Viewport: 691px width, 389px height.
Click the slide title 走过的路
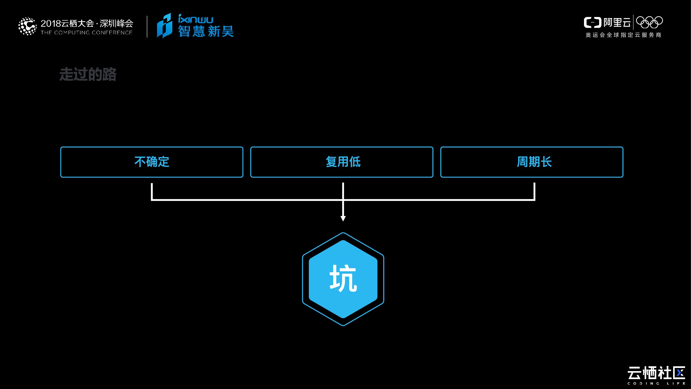pos(88,74)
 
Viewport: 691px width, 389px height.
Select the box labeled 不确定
pos(152,162)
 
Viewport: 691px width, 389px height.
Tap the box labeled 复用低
pos(342,162)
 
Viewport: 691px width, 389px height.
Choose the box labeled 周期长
pos(532,162)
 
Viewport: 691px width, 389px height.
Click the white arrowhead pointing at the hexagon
pos(343,218)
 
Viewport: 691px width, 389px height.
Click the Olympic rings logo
pos(650,22)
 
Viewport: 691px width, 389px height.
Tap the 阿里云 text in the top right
pos(617,23)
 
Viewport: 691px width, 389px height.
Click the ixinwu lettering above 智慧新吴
pos(196,19)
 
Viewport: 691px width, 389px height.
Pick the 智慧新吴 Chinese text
pos(206,31)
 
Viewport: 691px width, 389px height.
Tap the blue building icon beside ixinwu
pos(164,26)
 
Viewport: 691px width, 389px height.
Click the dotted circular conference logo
pos(27,26)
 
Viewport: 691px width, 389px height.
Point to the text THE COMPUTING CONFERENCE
pos(87,33)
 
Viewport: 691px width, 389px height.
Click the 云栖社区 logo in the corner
pos(656,373)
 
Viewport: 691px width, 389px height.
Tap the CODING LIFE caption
pos(656,384)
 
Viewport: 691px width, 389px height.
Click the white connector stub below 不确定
pos(152,191)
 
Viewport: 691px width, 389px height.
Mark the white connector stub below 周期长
pos(534,191)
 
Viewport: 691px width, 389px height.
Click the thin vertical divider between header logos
pos(147,26)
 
